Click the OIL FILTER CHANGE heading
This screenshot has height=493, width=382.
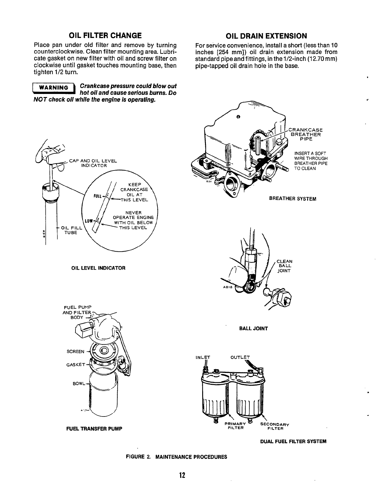pyautogui.click(x=105, y=35)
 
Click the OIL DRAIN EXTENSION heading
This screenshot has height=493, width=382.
pyautogui.click(x=266, y=35)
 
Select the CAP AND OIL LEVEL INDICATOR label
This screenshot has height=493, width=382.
pyautogui.click(x=93, y=163)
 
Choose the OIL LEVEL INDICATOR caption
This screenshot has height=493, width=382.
pyautogui.click(x=98, y=268)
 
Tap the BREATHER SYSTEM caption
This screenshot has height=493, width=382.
pyautogui.click(x=293, y=199)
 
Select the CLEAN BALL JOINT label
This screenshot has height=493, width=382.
pyautogui.click(x=284, y=266)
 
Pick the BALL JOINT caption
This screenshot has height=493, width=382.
pyautogui.click(x=253, y=328)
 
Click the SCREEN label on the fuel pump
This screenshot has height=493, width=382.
pyautogui.click(x=75, y=352)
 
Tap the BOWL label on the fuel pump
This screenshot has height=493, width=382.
pyautogui.click(x=78, y=384)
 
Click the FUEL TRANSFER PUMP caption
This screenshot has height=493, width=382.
pyautogui.click(x=94, y=429)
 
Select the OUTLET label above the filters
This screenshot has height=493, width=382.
pyautogui.click(x=240, y=357)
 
